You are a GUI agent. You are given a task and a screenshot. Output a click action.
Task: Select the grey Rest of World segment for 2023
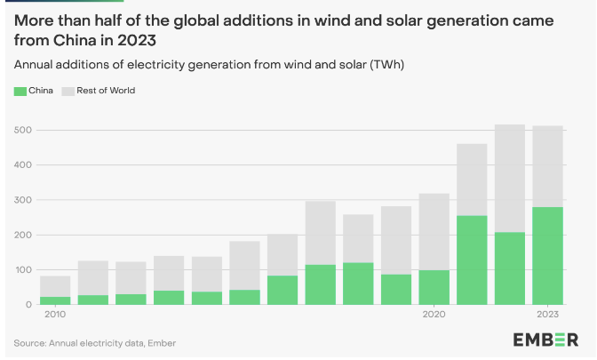tap(547, 166)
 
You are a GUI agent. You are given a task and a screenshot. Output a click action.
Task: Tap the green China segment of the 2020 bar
tap(434, 287)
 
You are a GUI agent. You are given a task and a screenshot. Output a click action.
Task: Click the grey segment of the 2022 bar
tap(510, 178)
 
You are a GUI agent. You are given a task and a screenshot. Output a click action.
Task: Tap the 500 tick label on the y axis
tap(24, 131)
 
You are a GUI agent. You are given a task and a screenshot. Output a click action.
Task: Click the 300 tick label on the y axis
tap(24, 200)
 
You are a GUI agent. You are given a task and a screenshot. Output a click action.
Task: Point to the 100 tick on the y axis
tap(24, 270)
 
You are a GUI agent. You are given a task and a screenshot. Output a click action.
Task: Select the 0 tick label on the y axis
tap(29, 305)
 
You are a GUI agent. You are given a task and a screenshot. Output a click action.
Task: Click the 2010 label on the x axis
tap(55, 315)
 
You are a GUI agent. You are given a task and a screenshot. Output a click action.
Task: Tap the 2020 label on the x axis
tap(434, 315)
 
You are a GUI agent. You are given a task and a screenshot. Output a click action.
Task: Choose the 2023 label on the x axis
tap(547, 315)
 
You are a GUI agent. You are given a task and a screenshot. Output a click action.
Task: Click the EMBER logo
tap(546, 339)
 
